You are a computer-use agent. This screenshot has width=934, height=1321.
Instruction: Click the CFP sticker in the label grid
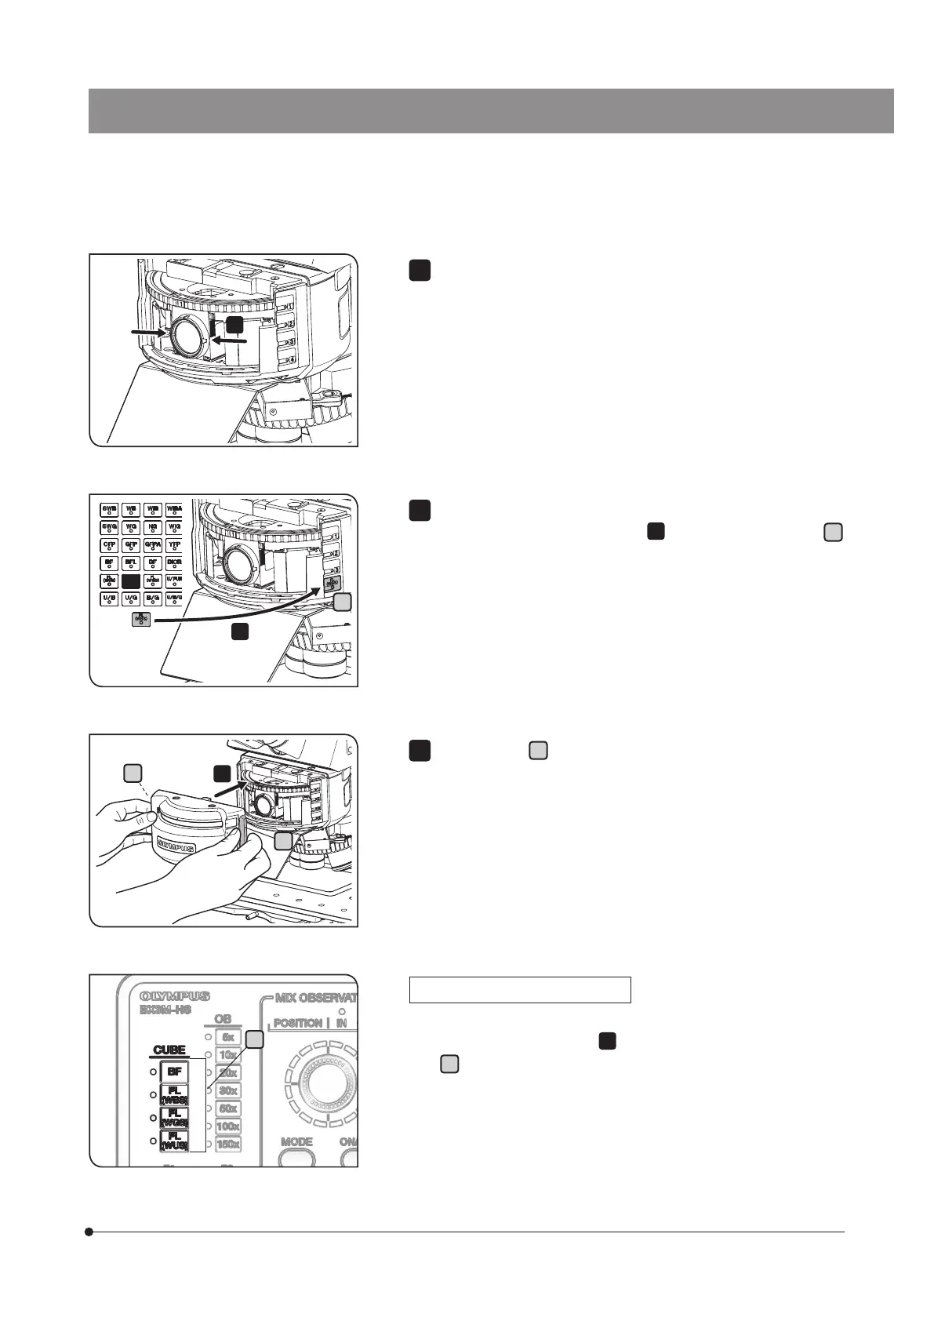click(109, 545)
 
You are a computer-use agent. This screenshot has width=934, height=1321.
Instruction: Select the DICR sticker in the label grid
click(174, 563)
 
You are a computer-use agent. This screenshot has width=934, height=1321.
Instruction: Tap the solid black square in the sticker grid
click(131, 581)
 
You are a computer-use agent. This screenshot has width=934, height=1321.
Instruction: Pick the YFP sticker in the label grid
click(174, 545)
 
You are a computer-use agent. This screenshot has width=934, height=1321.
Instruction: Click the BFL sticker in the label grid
click(131, 563)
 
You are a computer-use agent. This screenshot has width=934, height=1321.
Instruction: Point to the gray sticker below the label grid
click(141, 619)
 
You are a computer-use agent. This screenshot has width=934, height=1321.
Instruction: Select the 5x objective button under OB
click(227, 1037)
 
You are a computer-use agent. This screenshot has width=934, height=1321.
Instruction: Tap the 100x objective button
click(227, 1126)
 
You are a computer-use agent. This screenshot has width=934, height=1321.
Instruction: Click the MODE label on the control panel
click(296, 1141)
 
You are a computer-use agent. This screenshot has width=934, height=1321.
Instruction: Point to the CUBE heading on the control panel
click(169, 1050)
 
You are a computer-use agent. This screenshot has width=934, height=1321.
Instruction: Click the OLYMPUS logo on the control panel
click(175, 996)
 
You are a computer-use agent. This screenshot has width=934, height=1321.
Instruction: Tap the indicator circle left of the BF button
click(153, 1072)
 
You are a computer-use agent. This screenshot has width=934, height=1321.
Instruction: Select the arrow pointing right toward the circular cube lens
click(148, 333)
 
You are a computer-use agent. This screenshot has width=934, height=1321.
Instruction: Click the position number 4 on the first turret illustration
click(290, 359)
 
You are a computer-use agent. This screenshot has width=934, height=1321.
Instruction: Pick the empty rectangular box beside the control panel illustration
click(520, 990)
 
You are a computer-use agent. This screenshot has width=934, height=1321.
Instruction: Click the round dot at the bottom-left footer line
click(89, 1232)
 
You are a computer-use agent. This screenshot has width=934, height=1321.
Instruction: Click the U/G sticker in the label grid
click(131, 600)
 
